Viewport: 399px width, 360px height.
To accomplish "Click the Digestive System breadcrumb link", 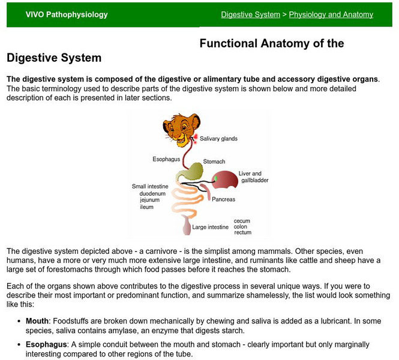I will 250,14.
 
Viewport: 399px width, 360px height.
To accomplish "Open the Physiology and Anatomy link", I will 331,14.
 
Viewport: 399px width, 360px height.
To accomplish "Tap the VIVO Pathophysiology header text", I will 67,14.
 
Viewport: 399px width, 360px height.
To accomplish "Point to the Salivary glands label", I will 218,139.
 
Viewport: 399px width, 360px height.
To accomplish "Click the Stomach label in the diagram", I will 214,161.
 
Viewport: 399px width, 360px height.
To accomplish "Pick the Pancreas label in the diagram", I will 223,199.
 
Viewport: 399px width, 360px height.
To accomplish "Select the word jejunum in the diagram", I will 142,200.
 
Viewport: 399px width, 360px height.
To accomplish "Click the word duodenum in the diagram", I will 145,193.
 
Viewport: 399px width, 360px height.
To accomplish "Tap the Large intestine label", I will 210,227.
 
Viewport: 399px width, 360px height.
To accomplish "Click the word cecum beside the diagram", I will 242,221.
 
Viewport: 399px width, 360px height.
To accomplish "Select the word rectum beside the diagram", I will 242,233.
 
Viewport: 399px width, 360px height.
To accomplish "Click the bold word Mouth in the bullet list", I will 37,321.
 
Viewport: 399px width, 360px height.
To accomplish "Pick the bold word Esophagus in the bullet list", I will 46,344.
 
